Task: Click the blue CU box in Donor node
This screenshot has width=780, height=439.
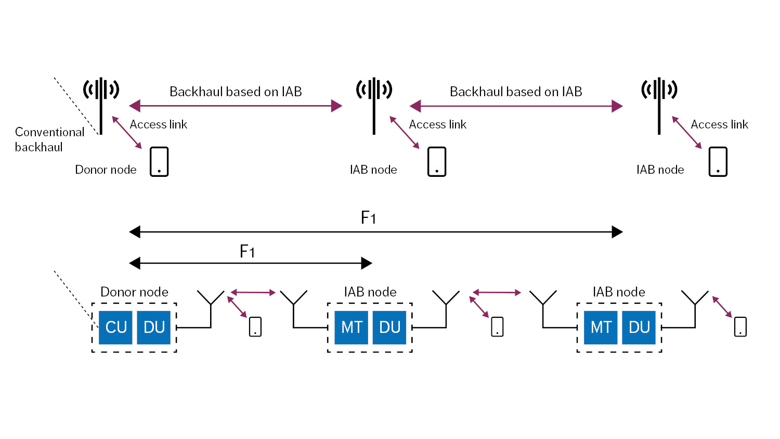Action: [x=116, y=327]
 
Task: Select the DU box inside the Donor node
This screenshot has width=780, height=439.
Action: [x=154, y=327]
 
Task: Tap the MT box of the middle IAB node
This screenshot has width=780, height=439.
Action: [x=352, y=327]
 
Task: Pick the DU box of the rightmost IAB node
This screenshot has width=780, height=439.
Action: [x=639, y=327]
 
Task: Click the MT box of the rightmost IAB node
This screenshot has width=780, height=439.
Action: [x=601, y=327]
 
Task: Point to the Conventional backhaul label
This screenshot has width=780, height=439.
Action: [x=49, y=139]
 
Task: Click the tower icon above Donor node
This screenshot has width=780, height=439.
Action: [x=101, y=104]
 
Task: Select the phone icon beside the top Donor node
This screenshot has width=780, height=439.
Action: [x=159, y=162]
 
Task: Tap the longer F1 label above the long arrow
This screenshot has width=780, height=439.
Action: [x=368, y=217]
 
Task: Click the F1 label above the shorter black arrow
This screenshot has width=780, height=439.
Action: [x=247, y=252]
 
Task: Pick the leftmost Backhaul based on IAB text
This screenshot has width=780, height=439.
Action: [x=236, y=92]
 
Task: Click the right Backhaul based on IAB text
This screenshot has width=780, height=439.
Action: [x=516, y=92]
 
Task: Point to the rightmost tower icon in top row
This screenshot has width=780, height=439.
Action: [x=659, y=104]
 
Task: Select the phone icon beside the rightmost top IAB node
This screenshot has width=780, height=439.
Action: [x=718, y=162]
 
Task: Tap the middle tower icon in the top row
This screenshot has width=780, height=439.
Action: [x=374, y=104]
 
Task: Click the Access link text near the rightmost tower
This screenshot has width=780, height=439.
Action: [x=719, y=124]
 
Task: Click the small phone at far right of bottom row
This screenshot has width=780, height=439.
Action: [x=740, y=327]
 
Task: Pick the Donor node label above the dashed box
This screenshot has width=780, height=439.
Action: [x=134, y=292]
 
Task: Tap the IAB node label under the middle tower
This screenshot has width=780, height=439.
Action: [x=373, y=170]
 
